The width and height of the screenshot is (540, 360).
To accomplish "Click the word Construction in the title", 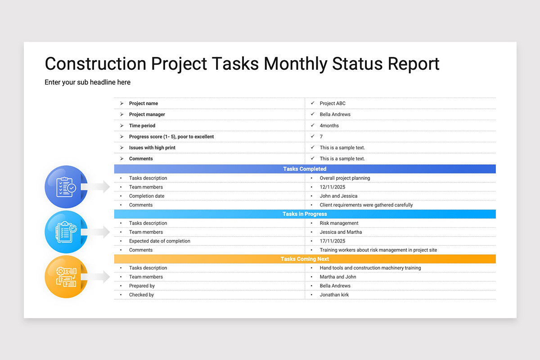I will tap(95, 64).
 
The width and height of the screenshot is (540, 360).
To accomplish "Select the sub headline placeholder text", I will tap(87, 82).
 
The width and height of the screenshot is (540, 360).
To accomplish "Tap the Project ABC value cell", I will tap(333, 103).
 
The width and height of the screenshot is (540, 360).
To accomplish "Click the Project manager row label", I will tap(147, 114).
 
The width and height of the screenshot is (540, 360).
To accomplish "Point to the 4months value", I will tap(329, 126).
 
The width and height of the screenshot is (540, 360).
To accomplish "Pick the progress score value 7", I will tap(321, 136).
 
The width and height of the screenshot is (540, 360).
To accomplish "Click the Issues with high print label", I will tap(152, 148).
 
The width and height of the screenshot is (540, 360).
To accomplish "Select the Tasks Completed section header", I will tap(305, 169).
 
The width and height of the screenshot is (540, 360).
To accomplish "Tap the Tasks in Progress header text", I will tap(305, 214).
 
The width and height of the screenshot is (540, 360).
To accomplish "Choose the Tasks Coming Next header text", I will tap(305, 259).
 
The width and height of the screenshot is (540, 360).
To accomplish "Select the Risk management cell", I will tap(339, 223).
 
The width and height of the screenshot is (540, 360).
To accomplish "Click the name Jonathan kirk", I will tap(334, 295).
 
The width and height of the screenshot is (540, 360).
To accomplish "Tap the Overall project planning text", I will tap(345, 178).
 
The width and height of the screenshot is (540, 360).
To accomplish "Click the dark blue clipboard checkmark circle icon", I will tap(66, 187).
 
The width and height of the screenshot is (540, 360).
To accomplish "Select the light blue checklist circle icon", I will tap(66, 232).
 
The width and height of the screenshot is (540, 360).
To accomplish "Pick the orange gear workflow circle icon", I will tap(66, 277).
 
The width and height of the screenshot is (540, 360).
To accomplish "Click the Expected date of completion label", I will tap(159, 241).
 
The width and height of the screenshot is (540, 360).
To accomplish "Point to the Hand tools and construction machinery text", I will tap(370, 268).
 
